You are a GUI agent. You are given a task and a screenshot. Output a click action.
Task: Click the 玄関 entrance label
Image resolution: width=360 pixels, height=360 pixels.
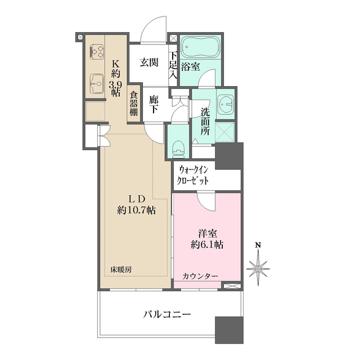149,62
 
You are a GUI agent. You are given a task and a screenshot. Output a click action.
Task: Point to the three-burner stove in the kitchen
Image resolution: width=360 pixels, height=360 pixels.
96,52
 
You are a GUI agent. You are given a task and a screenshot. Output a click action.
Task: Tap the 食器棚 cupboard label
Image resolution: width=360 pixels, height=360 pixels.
134,104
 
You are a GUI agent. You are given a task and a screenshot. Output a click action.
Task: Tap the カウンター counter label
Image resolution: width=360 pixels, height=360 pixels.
200,276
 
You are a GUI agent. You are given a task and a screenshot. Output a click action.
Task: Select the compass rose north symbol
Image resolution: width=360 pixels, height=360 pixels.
259,269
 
